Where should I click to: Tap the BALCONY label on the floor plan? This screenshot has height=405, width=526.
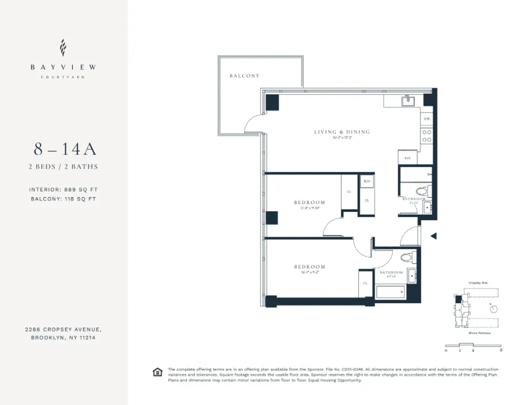(x=244, y=76)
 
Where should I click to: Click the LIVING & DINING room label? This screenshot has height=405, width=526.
(x=342, y=132)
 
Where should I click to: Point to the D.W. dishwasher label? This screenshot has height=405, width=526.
(x=427, y=119)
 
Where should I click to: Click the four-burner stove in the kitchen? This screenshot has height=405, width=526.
(x=427, y=136)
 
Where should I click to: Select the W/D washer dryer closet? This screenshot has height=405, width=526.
(x=367, y=181)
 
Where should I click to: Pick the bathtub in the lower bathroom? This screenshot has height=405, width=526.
(x=391, y=291)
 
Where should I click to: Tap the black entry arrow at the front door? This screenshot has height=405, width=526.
(x=433, y=237)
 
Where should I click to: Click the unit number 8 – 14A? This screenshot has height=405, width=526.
(x=65, y=149)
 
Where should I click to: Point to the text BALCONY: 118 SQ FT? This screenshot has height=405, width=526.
(x=64, y=199)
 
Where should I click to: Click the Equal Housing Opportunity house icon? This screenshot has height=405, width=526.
(x=157, y=372)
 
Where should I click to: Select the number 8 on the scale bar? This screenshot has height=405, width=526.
(x=501, y=351)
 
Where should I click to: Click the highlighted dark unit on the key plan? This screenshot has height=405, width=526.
(x=459, y=299)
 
